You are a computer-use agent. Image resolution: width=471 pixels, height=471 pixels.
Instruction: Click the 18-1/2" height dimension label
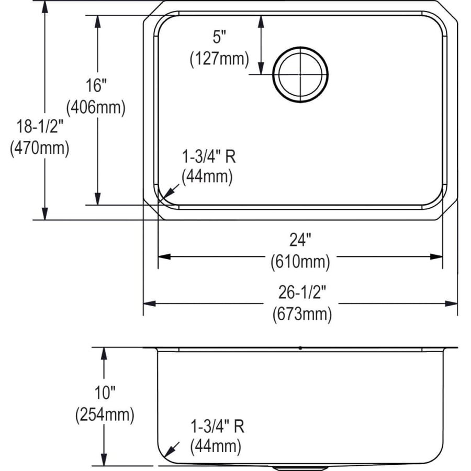pos(40,126)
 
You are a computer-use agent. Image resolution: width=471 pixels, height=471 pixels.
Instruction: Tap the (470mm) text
pos(40,148)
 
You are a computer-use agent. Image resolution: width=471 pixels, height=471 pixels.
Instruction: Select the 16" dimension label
pos(96,85)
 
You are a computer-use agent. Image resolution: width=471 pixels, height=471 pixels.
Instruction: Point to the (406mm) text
pos(96,107)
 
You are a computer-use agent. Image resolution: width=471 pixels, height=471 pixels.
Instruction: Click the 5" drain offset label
pos(219,37)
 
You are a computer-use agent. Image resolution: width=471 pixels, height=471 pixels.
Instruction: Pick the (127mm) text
pos(219,59)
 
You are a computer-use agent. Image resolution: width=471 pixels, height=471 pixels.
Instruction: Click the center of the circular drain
pos(300,74)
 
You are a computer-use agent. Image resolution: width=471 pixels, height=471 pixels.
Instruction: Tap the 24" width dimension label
pos(300,240)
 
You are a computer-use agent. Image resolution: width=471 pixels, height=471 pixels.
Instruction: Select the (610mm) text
pos(300,262)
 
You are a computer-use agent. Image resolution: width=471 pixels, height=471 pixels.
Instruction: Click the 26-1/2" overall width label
pos(302,292)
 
